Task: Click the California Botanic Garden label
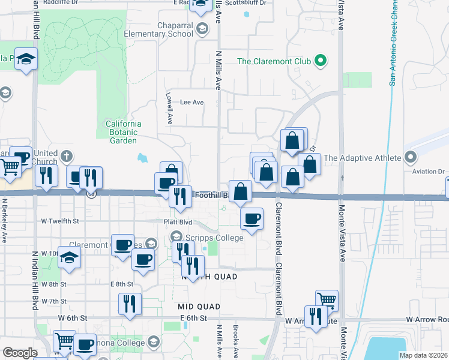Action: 122,132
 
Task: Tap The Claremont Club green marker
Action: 321,61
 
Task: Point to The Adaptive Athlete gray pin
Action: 411,158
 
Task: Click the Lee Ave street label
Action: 192,103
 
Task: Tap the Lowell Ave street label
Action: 170,108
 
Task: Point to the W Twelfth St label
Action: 60,221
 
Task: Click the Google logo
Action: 20,352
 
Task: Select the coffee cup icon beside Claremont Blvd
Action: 252,218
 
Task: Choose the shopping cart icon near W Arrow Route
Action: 327,300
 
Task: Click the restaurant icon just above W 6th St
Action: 130,304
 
